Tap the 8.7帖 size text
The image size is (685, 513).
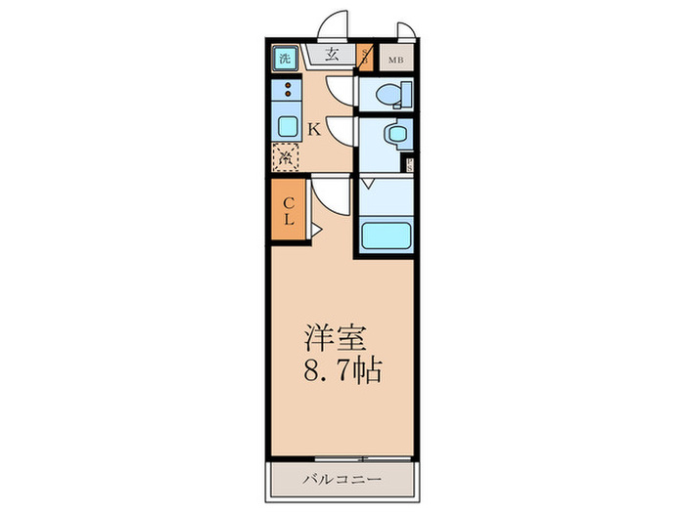click(x=340, y=372)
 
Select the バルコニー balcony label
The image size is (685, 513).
click(x=342, y=479)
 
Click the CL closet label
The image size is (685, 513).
click(x=289, y=211)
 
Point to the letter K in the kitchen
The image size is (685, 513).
click(x=315, y=129)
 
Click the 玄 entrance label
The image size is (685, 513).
click(x=332, y=55)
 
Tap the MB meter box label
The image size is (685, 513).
click(x=395, y=59)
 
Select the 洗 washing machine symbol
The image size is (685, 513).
click(x=285, y=58)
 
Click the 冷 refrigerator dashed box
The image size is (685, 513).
click(x=286, y=156)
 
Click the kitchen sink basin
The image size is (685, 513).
click(x=288, y=125)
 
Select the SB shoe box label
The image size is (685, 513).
click(x=365, y=57)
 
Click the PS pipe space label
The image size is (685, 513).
click(x=408, y=164)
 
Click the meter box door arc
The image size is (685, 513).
click(x=405, y=30)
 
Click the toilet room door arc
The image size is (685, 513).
click(x=338, y=90)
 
